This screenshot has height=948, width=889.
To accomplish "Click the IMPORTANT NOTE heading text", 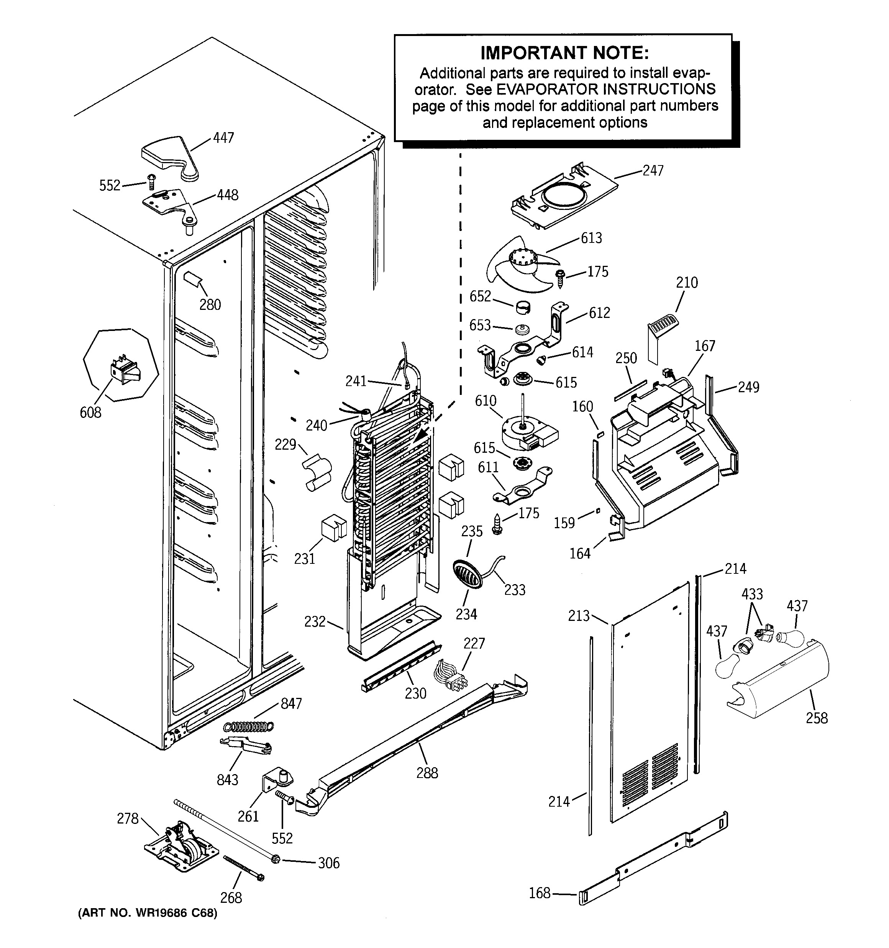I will tap(564, 52).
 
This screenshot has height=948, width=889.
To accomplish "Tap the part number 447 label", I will tap(223, 138).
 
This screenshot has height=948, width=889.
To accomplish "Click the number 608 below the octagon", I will tap(90, 412).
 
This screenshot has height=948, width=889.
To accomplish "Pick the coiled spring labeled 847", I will tap(249, 726).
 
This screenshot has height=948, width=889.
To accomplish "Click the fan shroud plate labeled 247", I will tap(563, 196).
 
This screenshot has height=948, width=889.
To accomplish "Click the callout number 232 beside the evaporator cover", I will tap(315, 621).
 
